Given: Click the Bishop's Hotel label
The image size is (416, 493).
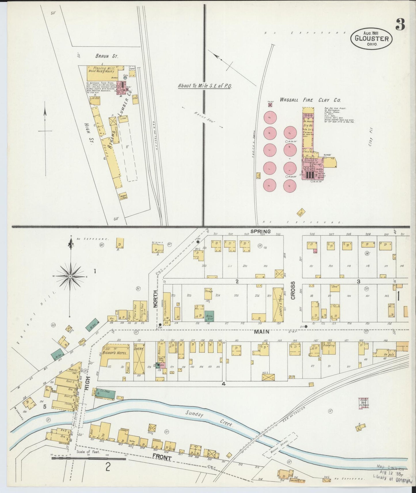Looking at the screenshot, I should (115, 352).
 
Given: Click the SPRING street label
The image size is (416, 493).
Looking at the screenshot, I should (261, 231).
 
